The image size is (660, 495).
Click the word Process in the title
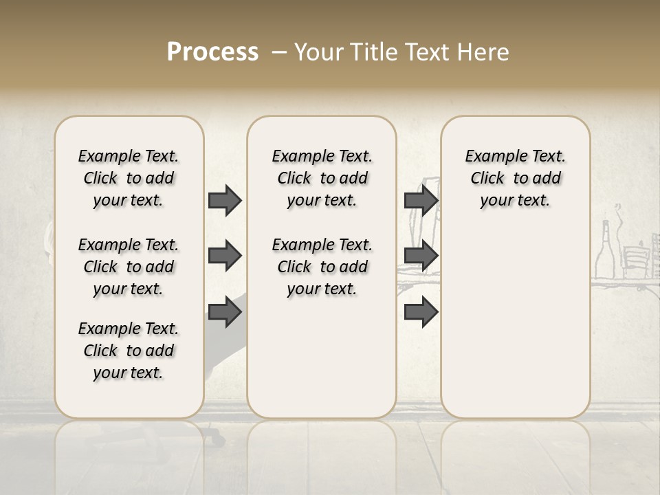coord(212,52)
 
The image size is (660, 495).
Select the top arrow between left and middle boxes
coord(225,200)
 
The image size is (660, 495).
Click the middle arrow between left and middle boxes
coord(225,256)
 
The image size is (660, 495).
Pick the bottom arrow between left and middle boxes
coord(225,312)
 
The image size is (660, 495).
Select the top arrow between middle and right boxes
coord(421,200)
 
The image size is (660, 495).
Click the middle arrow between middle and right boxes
coord(421,256)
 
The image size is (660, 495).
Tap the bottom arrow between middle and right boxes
coord(421,312)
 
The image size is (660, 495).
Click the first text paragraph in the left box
coord(129,178)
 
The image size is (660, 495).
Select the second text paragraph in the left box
coord(129,267)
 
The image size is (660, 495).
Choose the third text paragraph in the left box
coord(129,351)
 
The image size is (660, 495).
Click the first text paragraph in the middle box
coord(322,178)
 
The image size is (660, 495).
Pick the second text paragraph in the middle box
coord(322,267)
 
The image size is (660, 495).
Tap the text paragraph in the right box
coord(515,178)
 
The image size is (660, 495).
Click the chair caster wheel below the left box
coord(217,435)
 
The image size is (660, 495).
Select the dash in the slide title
coord(278,52)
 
